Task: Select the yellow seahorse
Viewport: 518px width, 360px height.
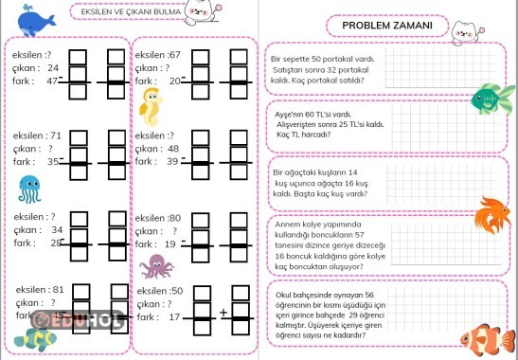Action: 151,105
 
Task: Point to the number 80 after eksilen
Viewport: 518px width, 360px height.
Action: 174,217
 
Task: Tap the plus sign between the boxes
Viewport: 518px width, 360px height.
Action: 223,312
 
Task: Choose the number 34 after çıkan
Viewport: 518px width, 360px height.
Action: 57,229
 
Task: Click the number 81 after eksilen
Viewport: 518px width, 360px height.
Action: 59,290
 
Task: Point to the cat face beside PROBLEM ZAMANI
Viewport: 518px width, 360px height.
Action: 464,33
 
